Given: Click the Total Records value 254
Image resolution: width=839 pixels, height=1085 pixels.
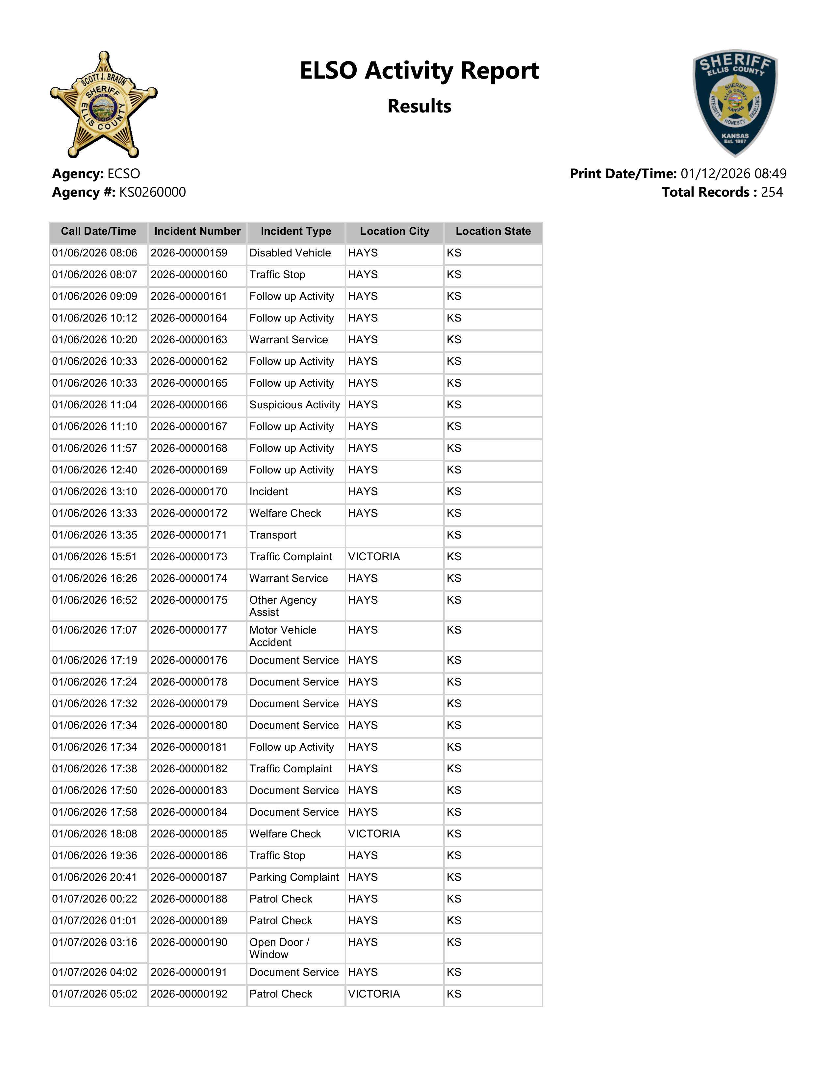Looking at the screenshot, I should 772,192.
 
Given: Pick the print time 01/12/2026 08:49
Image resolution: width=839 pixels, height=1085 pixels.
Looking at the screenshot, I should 733,174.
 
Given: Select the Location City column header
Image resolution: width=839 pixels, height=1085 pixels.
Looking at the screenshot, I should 394,231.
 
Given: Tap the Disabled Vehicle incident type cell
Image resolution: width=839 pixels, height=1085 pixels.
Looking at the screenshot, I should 290,253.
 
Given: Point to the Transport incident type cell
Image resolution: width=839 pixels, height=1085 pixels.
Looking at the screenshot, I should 273,535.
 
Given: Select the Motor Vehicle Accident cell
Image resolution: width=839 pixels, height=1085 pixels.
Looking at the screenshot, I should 283,636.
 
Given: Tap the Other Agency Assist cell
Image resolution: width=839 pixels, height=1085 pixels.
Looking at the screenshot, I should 283,606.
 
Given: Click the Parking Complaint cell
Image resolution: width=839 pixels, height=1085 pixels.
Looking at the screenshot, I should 294,877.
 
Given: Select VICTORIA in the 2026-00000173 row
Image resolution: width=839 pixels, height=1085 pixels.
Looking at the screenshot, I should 374,557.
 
